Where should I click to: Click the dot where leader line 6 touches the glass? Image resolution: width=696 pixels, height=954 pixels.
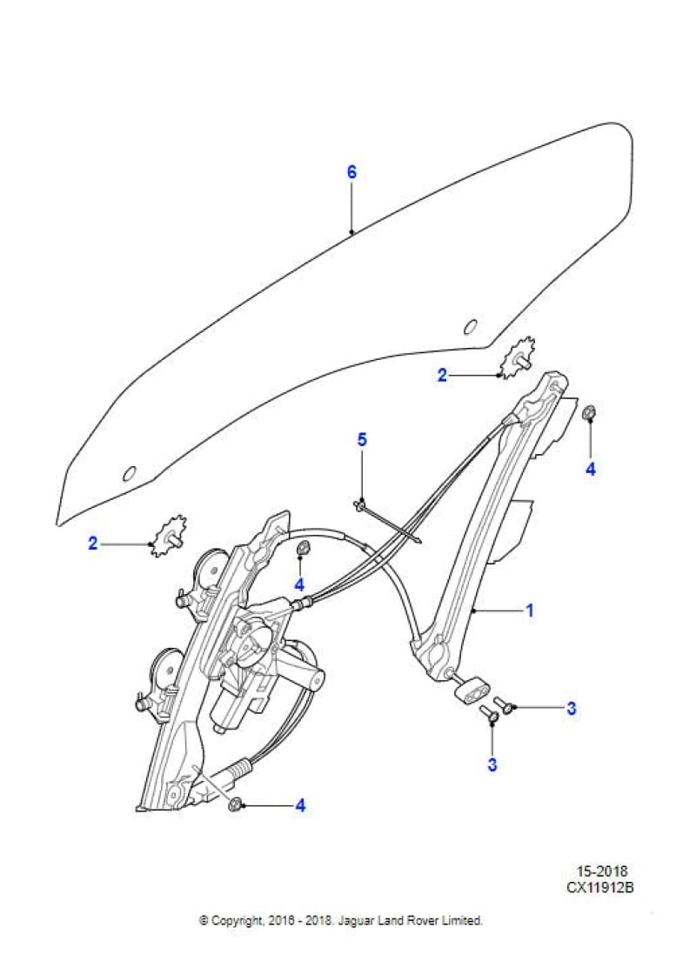[x=351, y=232]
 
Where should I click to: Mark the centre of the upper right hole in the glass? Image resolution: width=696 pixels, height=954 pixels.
[x=470, y=327]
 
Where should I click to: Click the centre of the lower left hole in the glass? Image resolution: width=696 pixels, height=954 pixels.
[x=129, y=473]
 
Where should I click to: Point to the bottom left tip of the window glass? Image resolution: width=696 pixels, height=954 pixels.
[x=57, y=524]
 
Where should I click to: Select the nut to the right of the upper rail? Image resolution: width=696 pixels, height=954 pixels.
[x=589, y=414]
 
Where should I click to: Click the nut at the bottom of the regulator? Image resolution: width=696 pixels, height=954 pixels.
[x=234, y=804]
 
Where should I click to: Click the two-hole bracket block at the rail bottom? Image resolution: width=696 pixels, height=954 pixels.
[x=472, y=690]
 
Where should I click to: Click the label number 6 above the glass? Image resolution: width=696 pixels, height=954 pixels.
[x=351, y=172]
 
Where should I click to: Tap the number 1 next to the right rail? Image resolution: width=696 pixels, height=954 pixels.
[x=530, y=610]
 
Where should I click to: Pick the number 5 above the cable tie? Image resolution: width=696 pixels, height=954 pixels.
[x=362, y=439]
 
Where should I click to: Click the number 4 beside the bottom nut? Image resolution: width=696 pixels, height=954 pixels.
[x=300, y=805]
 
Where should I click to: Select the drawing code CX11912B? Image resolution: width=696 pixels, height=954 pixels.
[x=600, y=887]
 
